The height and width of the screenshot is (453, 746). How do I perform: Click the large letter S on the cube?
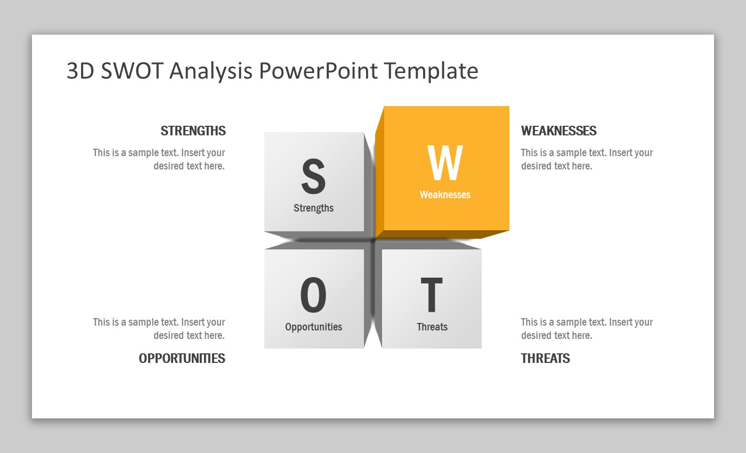(x=313, y=176)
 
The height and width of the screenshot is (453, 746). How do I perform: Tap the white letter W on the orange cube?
(x=445, y=163)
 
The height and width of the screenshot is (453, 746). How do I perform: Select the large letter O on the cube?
(x=313, y=295)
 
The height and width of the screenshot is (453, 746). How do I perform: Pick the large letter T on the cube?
(x=432, y=295)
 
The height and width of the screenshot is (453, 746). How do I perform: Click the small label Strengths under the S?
(x=313, y=208)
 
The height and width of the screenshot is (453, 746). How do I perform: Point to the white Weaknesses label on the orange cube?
(x=445, y=195)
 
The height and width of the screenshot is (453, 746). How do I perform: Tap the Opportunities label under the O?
(x=313, y=327)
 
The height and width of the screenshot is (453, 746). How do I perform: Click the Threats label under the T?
(x=432, y=327)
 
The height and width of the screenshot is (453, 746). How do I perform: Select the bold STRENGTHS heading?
(x=193, y=131)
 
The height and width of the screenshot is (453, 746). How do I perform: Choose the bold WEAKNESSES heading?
(x=559, y=131)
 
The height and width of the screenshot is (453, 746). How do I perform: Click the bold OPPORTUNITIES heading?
(x=182, y=358)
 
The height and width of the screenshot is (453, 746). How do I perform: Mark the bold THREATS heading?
(x=546, y=358)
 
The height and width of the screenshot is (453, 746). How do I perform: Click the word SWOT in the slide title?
(x=132, y=70)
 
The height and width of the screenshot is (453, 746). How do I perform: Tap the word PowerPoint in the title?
(x=319, y=70)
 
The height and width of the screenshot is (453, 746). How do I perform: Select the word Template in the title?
(x=432, y=71)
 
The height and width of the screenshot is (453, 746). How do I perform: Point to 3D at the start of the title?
(x=80, y=70)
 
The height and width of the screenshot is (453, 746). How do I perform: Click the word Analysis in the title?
(x=211, y=71)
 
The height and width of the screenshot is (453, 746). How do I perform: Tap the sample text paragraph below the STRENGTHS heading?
(x=159, y=159)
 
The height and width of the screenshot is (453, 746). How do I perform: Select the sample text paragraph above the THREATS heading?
(x=587, y=329)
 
